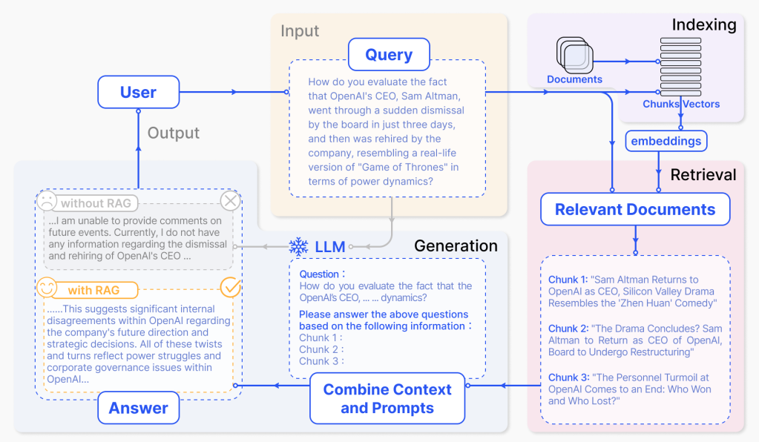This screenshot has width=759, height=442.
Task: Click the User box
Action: click(x=139, y=93)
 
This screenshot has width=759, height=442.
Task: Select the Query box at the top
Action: click(x=389, y=55)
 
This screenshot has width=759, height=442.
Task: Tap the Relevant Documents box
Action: click(x=635, y=209)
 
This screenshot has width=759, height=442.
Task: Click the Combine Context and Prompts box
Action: click(x=387, y=398)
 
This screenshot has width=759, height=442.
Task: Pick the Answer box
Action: click(x=139, y=408)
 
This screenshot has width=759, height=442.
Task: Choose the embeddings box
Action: click(x=666, y=140)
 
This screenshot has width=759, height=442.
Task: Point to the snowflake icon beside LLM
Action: click(x=298, y=247)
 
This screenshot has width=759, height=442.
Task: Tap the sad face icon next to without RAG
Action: click(x=47, y=202)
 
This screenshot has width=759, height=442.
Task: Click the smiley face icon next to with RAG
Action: click(x=47, y=288)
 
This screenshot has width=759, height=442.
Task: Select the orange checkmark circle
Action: click(x=231, y=288)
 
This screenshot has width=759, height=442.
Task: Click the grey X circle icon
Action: click(x=231, y=201)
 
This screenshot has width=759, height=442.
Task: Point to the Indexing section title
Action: click(x=703, y=24)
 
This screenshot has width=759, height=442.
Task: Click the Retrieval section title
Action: click(x=703, y=175)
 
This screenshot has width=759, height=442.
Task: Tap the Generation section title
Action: click(x=456, y=246)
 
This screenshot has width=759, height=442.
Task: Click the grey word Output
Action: click(x=174, y=133)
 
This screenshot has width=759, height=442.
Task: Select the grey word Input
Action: click(x=300, y=31)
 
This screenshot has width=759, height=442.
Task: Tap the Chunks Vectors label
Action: click(x=681, y=104)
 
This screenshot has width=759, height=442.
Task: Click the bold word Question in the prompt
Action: click(x=319, y=274)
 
